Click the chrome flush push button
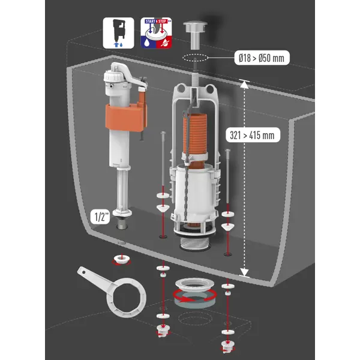pyautogui.click(x=195, y=34)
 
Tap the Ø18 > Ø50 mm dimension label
pyautogui.click(x=262, y=58)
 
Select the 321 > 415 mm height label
pyautogui.click(x=253, y=135)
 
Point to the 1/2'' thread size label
pyautogui.click(x=100, y=217)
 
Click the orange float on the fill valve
pyautogui.click(x=126, y=118)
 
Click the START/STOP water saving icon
pyautogui.click(x=156, y=33)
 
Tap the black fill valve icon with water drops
pyautogui.click(x=118, y=33)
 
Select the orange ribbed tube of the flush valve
pyautogui.click(x=195, y=133)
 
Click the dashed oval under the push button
pyautogui.click(x=196, y=58)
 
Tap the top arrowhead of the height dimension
pyautogui.click(x=244, y=84)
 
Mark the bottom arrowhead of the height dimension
pyautogui.click(x=244, y=272)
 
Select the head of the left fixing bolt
pyautogui.click(x=163, y=133)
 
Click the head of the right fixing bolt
pyautogui.click(x=227, y=151)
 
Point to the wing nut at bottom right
pyautogui.click(x=227, y=346)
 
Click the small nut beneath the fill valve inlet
pyautogui.click(x=121, y=259)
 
